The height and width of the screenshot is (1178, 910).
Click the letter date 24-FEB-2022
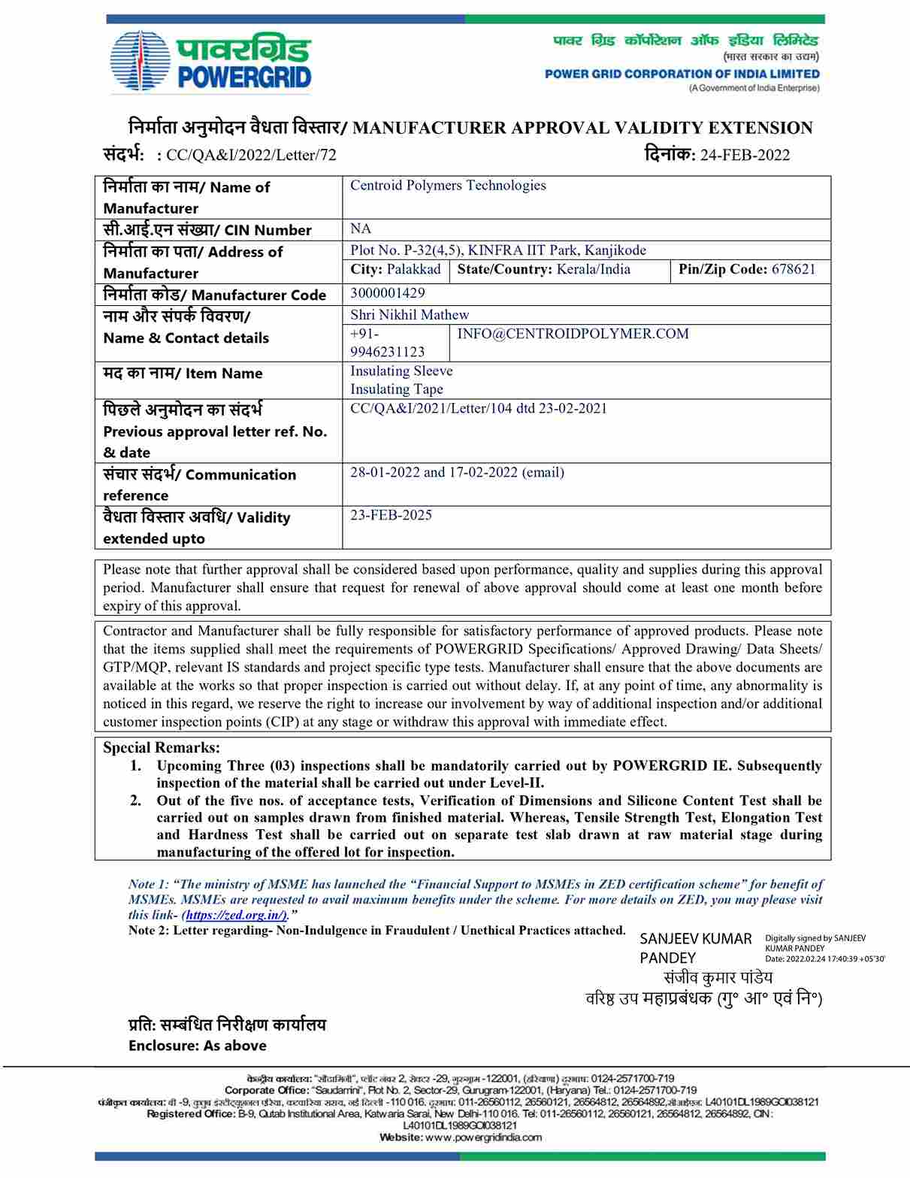[744, 156]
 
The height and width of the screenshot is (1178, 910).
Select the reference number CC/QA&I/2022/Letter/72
[251, 156]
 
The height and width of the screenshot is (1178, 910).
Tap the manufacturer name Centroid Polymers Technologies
[448, 186]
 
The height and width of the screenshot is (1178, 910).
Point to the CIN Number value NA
[361, 229]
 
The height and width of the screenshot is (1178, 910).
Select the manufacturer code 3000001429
[387, 293]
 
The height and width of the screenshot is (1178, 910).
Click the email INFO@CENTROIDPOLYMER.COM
[573, 334]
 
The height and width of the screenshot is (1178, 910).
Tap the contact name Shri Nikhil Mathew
[410, 315]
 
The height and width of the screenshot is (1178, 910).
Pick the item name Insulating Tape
[397, 389]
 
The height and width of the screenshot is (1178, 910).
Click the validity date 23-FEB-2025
[391, 516]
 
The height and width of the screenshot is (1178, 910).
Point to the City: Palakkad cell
[396, 270]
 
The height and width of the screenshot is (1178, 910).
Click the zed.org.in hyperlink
[235, 915]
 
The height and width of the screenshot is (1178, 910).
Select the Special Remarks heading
[162, 748]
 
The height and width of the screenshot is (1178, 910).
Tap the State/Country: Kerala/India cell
[544, 270]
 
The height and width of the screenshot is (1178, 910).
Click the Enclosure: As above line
[198, 1046]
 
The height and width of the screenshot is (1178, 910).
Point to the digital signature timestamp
[824, 958]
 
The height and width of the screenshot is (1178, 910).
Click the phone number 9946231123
[387, 352]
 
